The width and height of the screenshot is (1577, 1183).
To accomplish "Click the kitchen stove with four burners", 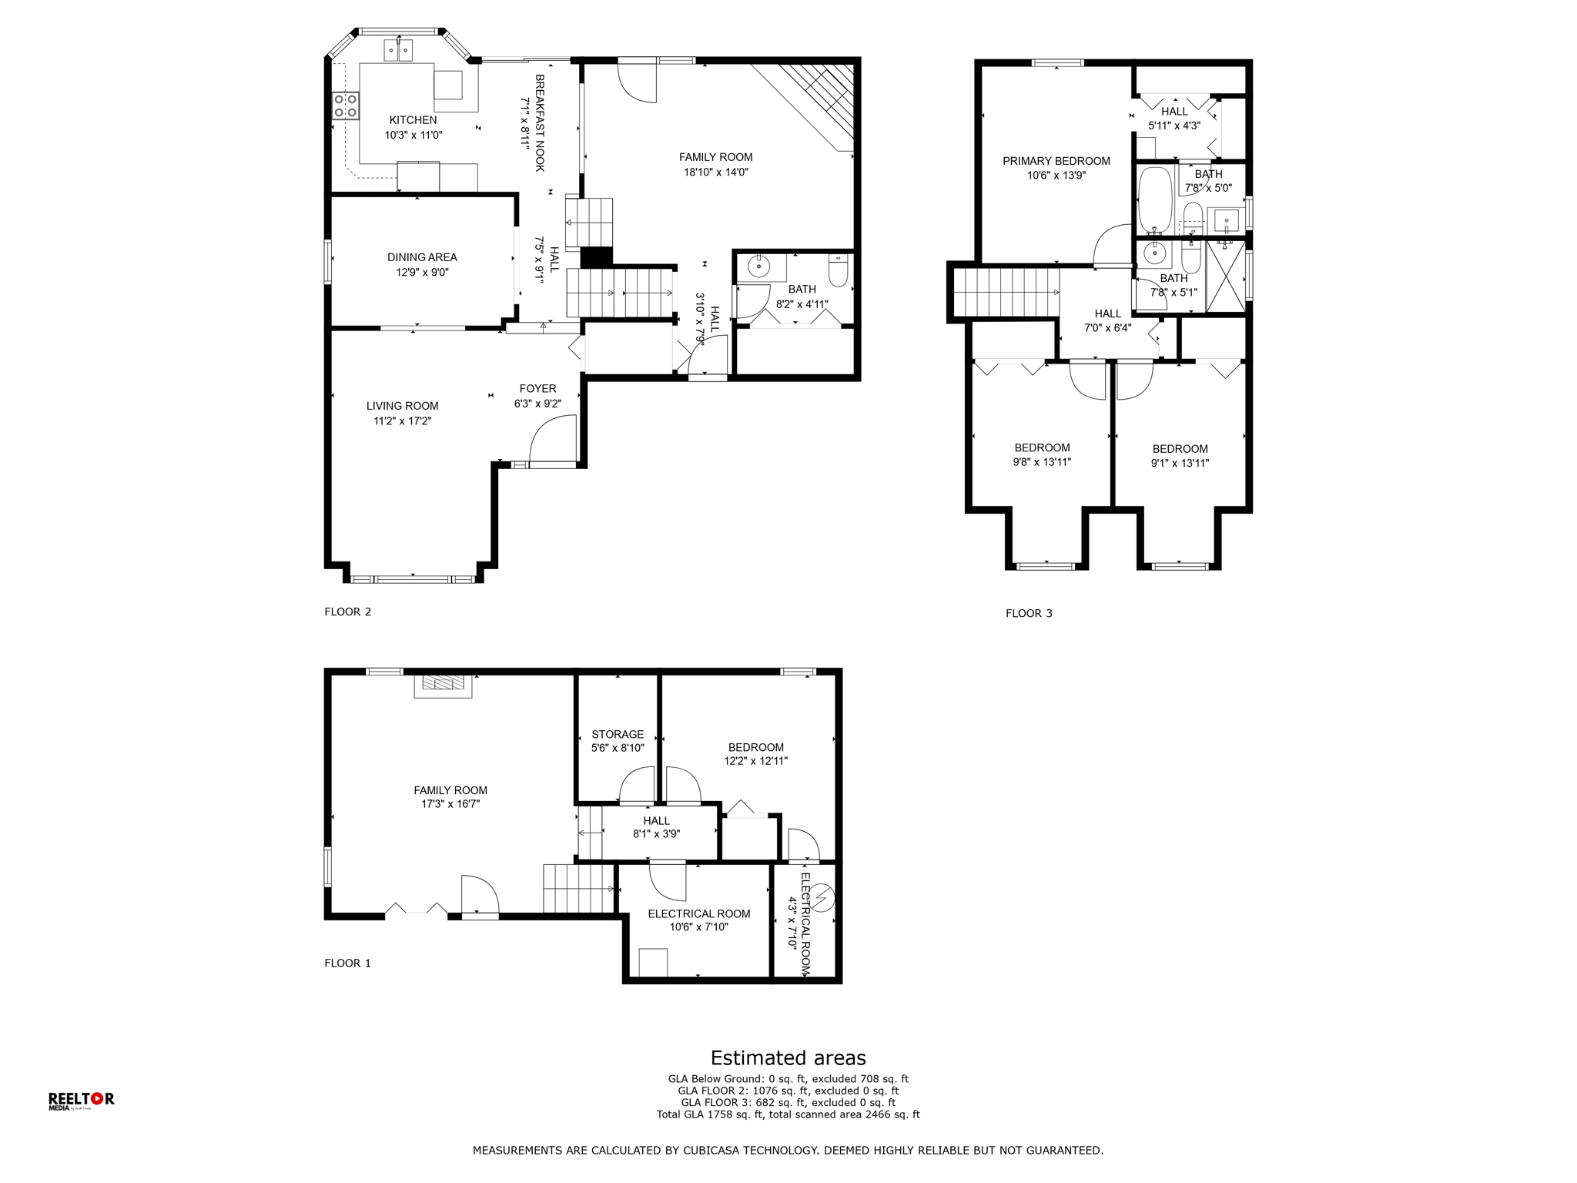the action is (x=346, y=106).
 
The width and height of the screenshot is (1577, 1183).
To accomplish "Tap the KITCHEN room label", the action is (x=413, y=120).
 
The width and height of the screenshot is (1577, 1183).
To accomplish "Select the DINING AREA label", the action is (x=422, y=257).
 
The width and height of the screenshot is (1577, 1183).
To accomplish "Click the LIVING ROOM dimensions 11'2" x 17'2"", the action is (x=402, y=421).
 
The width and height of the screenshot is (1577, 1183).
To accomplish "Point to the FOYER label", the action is (x=537, y=389).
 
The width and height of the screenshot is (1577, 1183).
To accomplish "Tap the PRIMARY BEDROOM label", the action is (x=1056, y=161).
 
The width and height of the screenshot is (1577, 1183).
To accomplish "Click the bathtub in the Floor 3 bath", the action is (x=1155, y=200).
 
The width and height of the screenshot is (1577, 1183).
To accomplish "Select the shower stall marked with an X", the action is (x=1225, y=276).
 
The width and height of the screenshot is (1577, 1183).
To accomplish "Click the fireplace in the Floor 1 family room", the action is (x=443, y=685).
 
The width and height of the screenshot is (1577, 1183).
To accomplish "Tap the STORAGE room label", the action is (x=618, y=735).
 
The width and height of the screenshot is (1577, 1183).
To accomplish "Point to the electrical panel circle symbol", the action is (x=822, y=897).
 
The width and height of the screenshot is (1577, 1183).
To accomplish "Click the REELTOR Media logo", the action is (x=81, y=1101).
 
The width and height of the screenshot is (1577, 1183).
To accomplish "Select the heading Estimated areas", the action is (x=788, y=1058).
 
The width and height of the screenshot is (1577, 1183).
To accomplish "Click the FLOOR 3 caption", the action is (x=1029, y=614).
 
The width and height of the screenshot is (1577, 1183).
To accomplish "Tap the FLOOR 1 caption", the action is (x=347, y=963).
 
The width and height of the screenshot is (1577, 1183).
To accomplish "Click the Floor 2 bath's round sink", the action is (x=759, y=266).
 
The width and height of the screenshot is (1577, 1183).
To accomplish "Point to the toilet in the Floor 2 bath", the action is (x=839, y=270).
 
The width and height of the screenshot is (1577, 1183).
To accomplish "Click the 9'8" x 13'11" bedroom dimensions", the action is (x=1042, y=462).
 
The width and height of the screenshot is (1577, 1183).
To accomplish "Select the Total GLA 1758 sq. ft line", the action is (x=788, y=1114).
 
